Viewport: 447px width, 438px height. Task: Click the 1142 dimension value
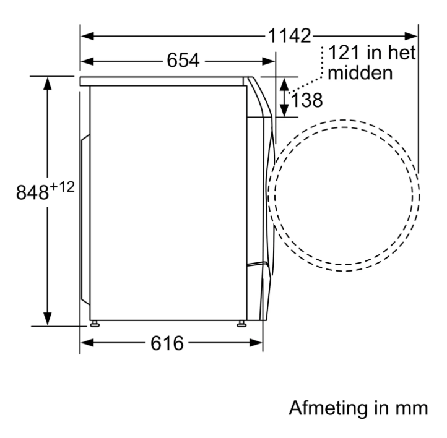[289, 36]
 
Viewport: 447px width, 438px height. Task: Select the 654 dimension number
[183, 61]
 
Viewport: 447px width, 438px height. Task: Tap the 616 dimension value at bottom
[167, 343]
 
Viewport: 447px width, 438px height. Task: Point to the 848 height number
[32, 192]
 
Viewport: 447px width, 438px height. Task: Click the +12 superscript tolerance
[62, 187]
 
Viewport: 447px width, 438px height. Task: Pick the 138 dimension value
[306, 100]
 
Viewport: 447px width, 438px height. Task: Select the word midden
[360, 73]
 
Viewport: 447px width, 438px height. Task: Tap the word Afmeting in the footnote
[329, 408]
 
